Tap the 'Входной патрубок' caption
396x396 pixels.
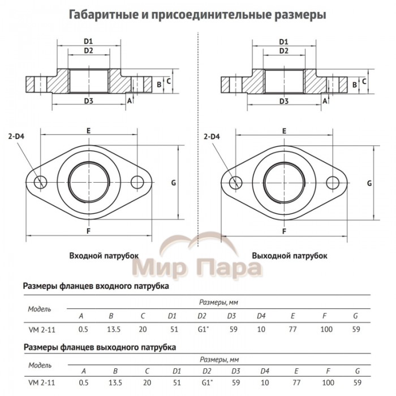[104, 256]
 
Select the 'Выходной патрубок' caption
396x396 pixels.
[290, 256]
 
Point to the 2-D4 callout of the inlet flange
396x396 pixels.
[19, 136]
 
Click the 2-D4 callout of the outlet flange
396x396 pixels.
[212, 136]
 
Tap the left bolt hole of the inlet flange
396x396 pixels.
[41, 182]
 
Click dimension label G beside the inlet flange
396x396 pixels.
[174, 182]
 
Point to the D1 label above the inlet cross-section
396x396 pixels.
[88, 41]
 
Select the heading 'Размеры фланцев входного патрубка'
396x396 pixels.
[96, 287]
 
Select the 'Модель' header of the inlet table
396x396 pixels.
[40, 309]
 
